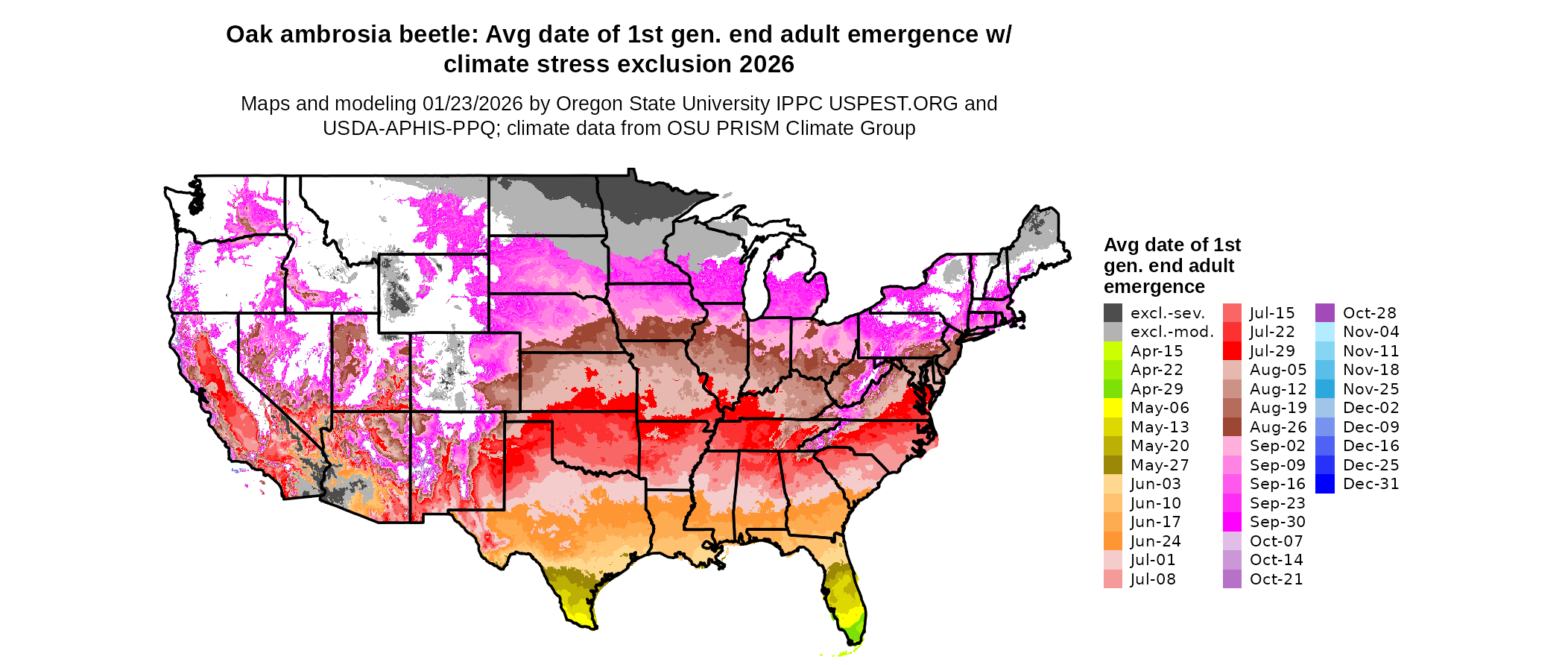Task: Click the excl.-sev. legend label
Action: click(1167, 313)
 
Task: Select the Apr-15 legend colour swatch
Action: click(1113, 351)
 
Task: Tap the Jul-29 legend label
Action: click(1272, 351)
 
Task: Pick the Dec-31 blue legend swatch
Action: click(1325, 484)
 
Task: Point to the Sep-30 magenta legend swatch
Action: click(1232, 522)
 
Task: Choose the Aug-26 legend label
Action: click(1278, 427)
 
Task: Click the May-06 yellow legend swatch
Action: click(1113, 408)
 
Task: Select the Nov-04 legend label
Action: click(1370, 332)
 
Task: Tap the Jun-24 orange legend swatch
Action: click(1113, 541)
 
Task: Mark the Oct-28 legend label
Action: click(1369, 313)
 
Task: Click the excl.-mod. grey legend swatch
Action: click(1113, 332)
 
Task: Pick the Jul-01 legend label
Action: click(1152, 560)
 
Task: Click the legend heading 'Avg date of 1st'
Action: click(1172, 245)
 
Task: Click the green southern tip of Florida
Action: click(855, 633)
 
